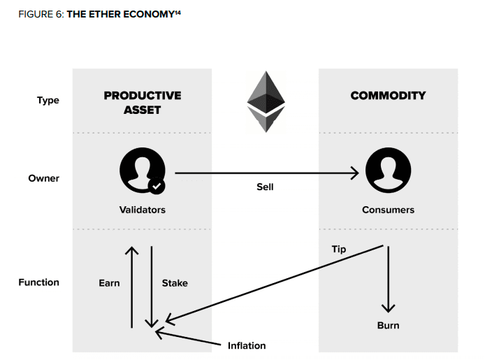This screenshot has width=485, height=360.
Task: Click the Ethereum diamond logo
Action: click(266, 102)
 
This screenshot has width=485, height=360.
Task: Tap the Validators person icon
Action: click(143, 171)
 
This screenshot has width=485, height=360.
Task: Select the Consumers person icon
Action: click(388, 170)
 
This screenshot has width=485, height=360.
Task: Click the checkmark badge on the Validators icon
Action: click(157, 186)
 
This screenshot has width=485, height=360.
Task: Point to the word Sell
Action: click(265, 187)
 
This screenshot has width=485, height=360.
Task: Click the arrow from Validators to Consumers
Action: click(267, 173)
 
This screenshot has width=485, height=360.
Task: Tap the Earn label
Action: click(109, 283)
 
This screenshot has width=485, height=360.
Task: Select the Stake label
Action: click(175, 283)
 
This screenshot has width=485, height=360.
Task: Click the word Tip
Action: click(339, 250)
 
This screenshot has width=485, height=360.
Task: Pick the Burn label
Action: click(388, 325)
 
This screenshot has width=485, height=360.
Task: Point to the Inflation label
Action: click(247, 345)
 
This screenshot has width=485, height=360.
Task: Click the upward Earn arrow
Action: click(132, 287)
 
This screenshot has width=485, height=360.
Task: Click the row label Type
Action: click(48, 100)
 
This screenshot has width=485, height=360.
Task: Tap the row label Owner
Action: click(43, 178)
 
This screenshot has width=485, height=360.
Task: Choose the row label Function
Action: click(38, 282)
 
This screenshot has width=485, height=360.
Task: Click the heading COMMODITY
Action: click(388, 96)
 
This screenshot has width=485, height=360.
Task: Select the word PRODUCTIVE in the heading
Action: click(143, 96)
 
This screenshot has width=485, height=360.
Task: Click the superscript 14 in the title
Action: click(178, 12)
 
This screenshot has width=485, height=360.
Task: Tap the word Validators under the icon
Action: click(143, 210)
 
